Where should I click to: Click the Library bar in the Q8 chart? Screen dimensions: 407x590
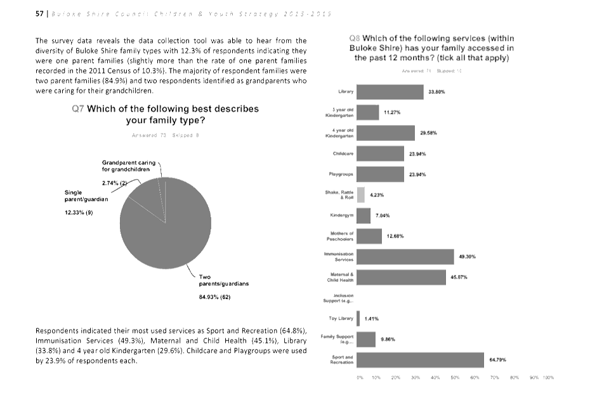click(390, 92)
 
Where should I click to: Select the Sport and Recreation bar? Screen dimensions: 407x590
click(420, 360)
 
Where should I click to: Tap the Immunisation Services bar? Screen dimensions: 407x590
click(405, 257)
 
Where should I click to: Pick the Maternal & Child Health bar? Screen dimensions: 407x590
click(401, 277)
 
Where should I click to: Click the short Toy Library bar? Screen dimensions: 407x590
click(358, 318)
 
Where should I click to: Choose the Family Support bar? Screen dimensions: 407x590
click(366, 339)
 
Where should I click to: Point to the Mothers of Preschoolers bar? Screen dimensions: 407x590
click(369, 236)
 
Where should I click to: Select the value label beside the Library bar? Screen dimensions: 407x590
click(436, 92)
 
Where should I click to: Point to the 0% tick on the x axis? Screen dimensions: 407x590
click(360, 377)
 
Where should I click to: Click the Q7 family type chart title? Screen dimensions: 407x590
click(166, 114)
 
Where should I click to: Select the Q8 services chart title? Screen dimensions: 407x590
click(431, 48)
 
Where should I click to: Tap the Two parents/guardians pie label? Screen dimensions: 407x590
click(224, 280)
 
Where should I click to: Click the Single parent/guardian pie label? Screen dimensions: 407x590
click(82, 196)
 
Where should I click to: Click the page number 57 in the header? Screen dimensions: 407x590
click(39, 14)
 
